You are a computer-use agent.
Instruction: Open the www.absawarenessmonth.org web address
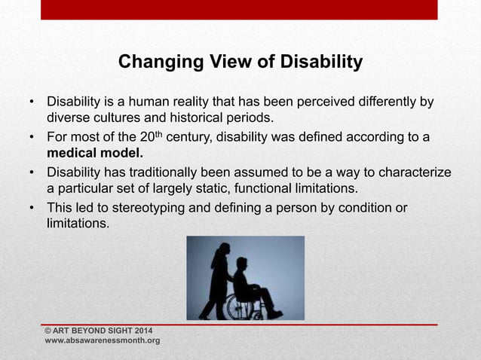(x=103, y=341)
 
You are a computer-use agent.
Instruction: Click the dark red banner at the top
(x=239, y=10)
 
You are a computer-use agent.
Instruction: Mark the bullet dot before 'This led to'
(x=32, y=208)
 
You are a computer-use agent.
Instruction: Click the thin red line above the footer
(x=239, y=324)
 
